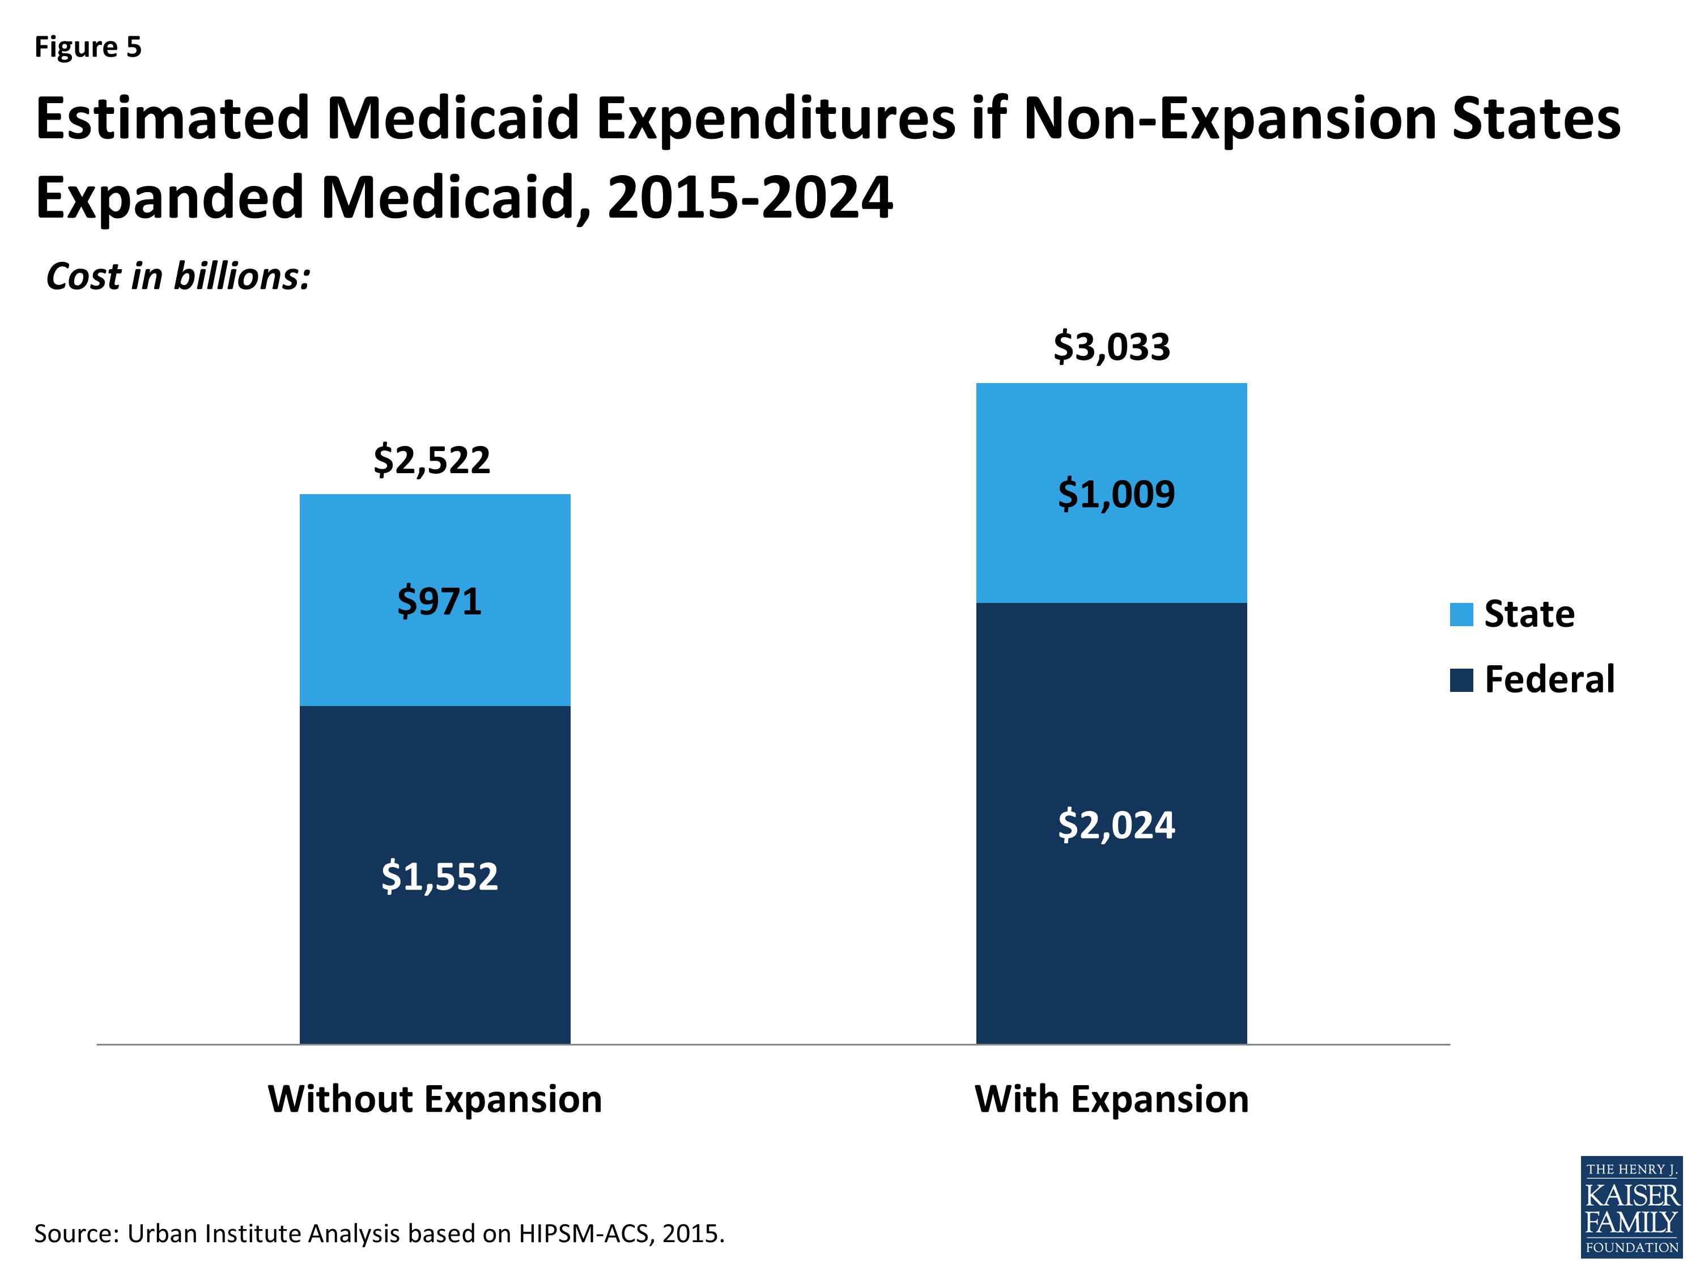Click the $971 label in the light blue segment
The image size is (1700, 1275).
pos(439,601)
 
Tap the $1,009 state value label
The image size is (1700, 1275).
pos(1116,494)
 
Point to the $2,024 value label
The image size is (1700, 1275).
pos(1116,826)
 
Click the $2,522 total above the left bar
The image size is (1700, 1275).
pos(431,460)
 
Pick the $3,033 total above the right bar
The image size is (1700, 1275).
pos(1111,347)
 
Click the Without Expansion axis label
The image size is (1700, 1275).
pos(435,1099)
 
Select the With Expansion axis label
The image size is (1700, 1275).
pos(1111,1099)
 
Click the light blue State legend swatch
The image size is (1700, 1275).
pos(1461,615)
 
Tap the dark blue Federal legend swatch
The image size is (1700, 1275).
pos(1461,680)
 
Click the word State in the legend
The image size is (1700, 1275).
pos(1529,614)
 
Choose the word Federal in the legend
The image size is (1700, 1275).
pos(1549,679)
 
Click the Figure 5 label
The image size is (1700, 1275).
pos(88,48)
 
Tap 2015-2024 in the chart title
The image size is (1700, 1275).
pos(749,198)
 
